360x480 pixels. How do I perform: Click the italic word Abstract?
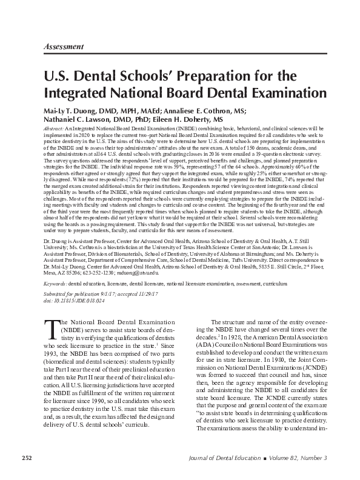point(56,130)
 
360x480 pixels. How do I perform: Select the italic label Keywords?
point(55,283)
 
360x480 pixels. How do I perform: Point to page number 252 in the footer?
point(27,456)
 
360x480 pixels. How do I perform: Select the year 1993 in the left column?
point(52,352)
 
